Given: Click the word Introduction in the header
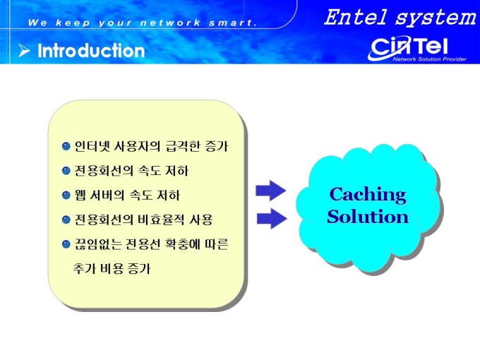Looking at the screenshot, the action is tap(91, 51).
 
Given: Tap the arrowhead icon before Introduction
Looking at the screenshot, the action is tap(24, 51).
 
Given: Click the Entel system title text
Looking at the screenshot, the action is tap(400, 18).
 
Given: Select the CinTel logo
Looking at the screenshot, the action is tap(409, 48).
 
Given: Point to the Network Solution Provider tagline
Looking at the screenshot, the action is tap(429, 59).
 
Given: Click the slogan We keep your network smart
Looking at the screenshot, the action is tap(142, 23).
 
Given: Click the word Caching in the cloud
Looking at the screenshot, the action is tap(368, 195).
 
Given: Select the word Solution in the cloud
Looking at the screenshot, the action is tap(368, 217).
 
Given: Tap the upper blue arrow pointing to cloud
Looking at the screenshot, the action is tap(271, 191).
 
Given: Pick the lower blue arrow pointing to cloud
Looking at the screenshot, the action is tap(272, 218).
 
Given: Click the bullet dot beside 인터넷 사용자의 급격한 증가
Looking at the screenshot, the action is tap(66, 146).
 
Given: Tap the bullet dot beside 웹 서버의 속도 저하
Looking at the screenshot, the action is tap(66, 195).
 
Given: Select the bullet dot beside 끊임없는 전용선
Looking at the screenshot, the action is tap(66, 244).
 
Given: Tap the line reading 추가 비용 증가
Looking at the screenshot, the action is tap(112, 268).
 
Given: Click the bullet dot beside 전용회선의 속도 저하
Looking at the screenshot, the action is tap(66, 171).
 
